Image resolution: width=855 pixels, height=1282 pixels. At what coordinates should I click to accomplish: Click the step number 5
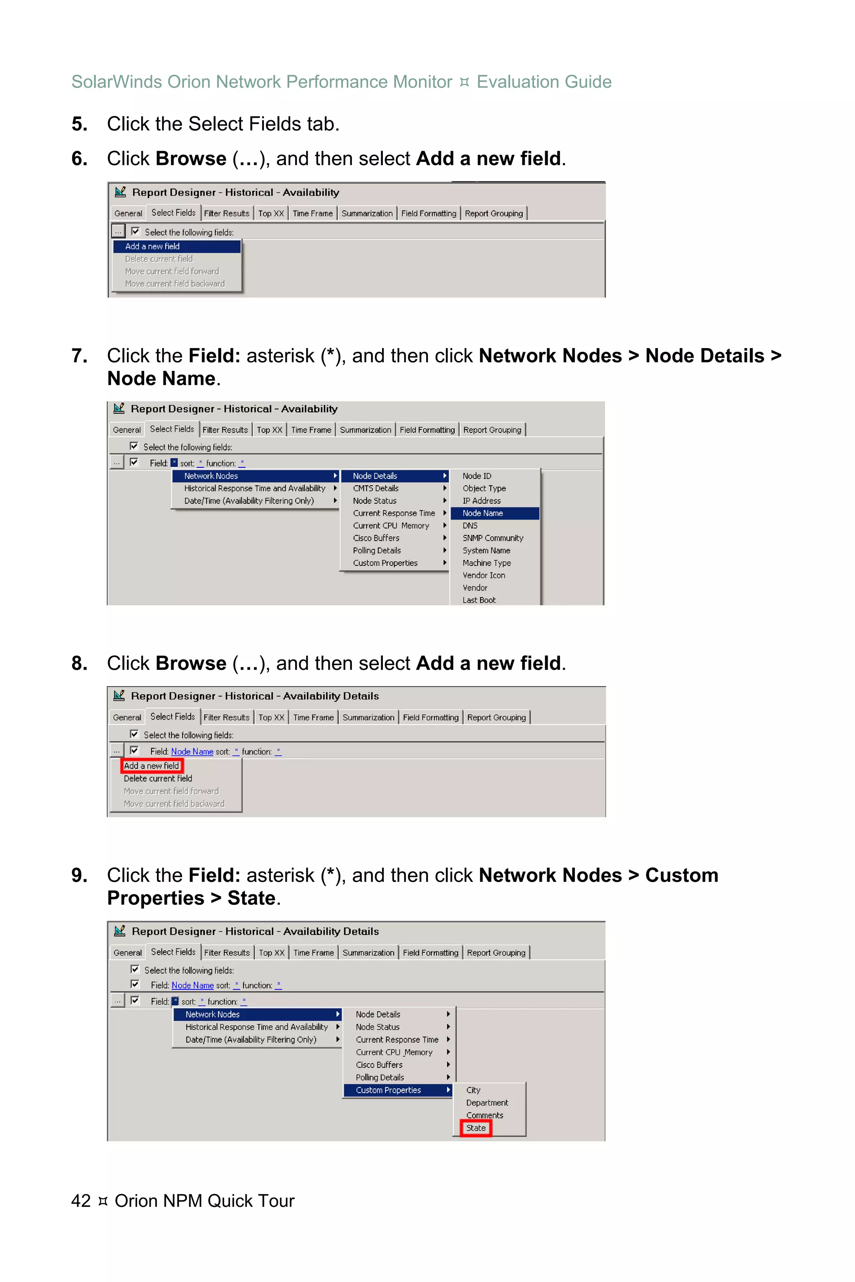80,124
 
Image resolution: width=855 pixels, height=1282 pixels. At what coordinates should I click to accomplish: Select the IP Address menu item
481,501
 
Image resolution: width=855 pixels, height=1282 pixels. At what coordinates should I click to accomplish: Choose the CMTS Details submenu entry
376,488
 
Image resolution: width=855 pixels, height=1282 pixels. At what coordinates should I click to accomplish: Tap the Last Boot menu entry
479,600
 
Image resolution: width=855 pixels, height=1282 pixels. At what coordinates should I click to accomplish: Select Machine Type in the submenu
486,563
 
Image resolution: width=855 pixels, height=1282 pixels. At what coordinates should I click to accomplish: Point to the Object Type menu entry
484,488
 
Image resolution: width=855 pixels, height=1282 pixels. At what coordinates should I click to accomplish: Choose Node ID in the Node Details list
477,476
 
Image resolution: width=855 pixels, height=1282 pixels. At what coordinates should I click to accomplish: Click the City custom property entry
473,1090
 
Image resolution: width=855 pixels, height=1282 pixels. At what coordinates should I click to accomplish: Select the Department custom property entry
487,1103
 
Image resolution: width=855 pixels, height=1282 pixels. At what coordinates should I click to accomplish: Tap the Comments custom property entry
484,1115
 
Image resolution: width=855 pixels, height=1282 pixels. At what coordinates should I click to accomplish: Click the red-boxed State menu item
476,1128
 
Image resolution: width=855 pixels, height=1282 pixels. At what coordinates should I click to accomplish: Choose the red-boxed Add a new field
152,766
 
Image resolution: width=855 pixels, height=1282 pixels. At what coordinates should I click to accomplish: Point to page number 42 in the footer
81,1201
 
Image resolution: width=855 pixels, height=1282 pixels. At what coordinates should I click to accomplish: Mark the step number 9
80,876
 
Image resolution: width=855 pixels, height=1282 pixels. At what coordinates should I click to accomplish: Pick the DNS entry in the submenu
470,525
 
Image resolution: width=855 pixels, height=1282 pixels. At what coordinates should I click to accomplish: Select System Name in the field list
486,550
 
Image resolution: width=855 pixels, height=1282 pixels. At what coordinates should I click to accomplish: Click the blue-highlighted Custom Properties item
388,1090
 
